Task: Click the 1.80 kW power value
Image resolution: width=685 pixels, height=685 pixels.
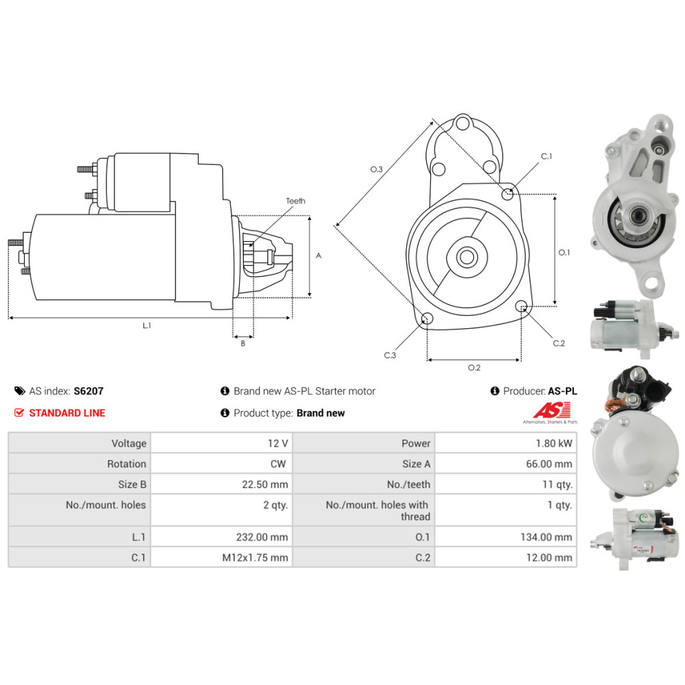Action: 556,443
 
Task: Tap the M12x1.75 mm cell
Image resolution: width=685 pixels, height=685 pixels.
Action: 255,558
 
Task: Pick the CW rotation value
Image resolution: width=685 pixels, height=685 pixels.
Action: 277,464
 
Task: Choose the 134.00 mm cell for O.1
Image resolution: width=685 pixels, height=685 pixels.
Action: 546,537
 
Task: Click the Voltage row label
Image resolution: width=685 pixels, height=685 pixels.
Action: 129,443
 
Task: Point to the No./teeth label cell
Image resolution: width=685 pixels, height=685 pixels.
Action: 408,484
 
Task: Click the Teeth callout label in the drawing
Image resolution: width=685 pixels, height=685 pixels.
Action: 296,201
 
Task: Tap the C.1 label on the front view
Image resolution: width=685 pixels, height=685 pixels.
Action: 546,156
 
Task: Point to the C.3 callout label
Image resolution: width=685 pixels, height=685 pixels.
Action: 390,355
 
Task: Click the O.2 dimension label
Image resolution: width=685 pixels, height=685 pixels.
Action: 474,368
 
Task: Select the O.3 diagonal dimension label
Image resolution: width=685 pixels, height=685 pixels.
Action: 376,169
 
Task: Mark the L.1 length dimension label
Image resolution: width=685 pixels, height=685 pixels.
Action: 147,325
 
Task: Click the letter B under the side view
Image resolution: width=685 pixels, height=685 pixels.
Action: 242,343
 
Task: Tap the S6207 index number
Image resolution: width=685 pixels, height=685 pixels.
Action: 88,391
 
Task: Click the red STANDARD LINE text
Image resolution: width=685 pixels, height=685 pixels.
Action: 67,413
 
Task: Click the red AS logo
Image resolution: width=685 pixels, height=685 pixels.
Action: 546,410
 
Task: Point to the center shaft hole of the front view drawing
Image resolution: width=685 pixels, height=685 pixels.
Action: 467,258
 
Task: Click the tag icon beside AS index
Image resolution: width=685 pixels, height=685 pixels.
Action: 19,391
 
